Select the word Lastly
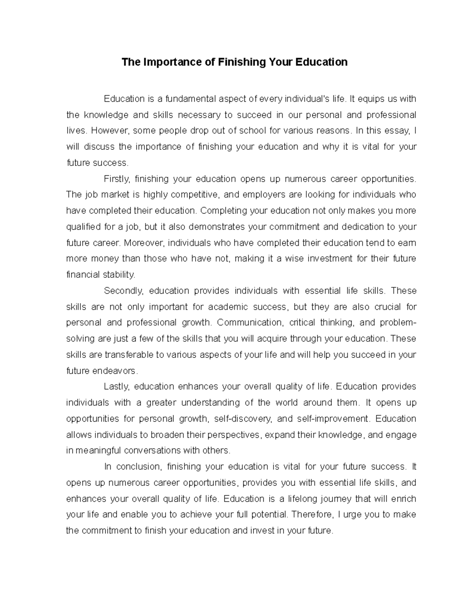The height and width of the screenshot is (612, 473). pos(116,387)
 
